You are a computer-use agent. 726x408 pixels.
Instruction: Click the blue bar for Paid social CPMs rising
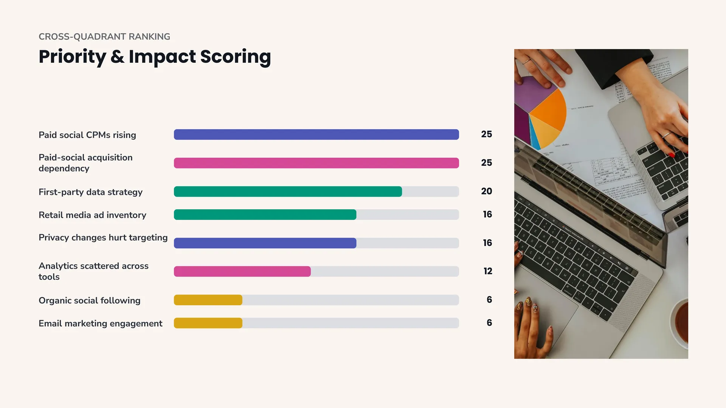click(x=316, y=134)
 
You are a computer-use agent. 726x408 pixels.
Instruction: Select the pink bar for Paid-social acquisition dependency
click(x=316, y=163)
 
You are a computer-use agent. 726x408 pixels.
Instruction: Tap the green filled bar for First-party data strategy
click(x=288, y=192)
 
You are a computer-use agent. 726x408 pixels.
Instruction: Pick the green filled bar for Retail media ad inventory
click(x=265, y=215)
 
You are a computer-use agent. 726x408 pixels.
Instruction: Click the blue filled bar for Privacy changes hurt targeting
click(x=265, y=243)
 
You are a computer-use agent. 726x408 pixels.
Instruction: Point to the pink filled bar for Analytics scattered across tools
click(x=242, y=271)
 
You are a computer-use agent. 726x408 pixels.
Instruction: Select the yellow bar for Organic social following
click(x=208, y=300)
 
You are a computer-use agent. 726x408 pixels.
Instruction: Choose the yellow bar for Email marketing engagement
click(x=208, y=323)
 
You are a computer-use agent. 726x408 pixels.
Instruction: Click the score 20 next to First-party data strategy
click(x=487, y=191)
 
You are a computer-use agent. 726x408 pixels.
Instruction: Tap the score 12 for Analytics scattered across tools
click(x=488, y=271)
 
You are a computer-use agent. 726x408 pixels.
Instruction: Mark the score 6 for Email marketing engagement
click(x=489, y=323)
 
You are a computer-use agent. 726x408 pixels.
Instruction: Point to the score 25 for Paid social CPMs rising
click(x=487, y=134)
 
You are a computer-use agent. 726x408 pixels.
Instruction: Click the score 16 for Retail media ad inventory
click(x=487, y=214)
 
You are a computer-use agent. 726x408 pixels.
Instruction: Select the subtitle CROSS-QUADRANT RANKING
click(x=104, y=37)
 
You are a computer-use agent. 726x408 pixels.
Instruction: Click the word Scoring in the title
click(x=236, y=57)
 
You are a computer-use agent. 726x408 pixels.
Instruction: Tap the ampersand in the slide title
click(x=117, y=57)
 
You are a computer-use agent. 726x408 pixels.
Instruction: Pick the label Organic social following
click(x=90, y=300)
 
